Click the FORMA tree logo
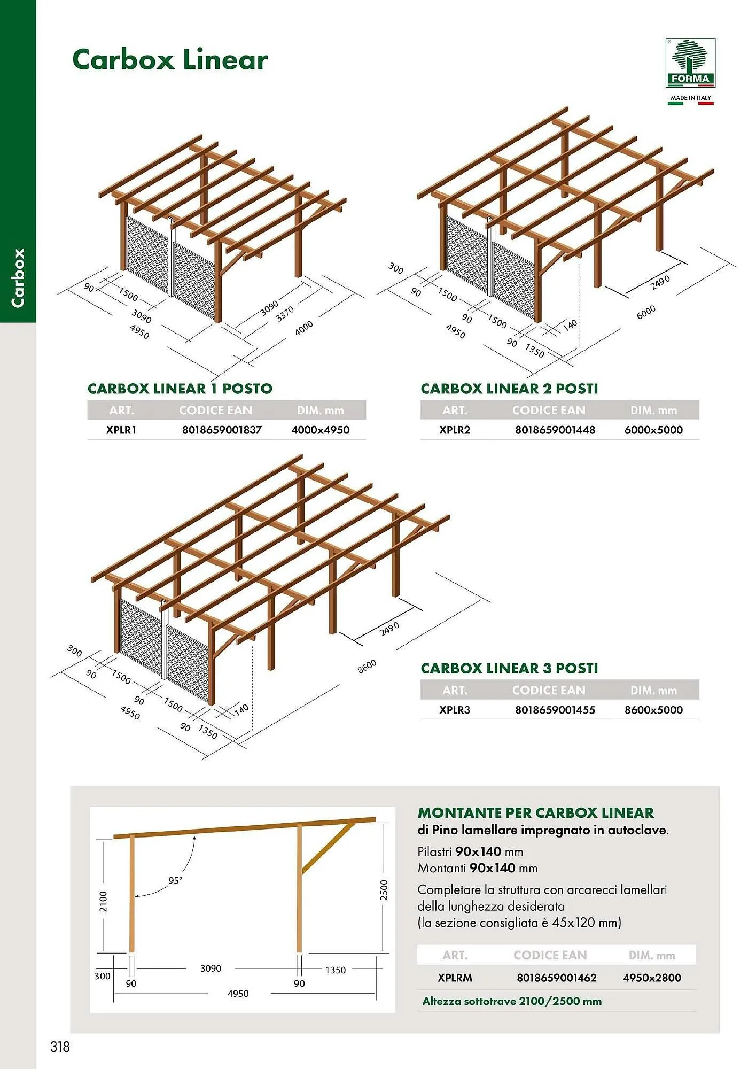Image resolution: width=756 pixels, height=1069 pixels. pyautogui.click(x=690, y=63)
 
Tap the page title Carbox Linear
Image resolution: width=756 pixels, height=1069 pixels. pyautogui.click(x=170, y=59)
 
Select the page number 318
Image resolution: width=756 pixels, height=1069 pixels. pyautogui.click(x=60, y=1046)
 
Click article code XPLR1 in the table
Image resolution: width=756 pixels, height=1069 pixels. pyautogui.click(x=121, y=430)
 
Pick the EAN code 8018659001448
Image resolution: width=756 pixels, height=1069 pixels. pyautogui.click(x=555, y=430)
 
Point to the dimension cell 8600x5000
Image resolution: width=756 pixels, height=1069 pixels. pyautogui.click(x=653, y=710)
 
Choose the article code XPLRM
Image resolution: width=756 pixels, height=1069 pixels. pyautogui.click(x=455, y=978)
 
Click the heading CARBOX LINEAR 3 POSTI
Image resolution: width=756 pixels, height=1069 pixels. pyautogui.click(x=509, y=668)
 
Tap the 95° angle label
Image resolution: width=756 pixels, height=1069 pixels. pyautogui.click(x=175, y=880)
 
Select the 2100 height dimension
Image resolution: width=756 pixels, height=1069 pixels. pyautogui.click(x=103, y=901)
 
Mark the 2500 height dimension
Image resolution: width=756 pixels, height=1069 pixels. pyautogui.click(x=384, y=889)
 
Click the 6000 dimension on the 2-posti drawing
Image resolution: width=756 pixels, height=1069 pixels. pyautogui.click(x=646, y=313)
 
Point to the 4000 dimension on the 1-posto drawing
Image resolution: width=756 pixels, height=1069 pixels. pyautogui.click(x=304, y=328)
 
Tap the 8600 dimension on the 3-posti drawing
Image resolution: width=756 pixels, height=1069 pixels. pyautogui.click(x=367, y=666)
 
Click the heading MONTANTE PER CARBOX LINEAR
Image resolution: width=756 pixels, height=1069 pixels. pyautogui.click(x=535, y=812)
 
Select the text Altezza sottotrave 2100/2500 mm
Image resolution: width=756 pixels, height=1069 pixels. pyautogui.click(x=512, y=1001)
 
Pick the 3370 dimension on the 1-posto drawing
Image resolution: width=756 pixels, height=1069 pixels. pyautogui.click(x=285, y=314)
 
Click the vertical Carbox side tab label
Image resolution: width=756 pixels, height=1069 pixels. pyautogui.click(x=18, y=277)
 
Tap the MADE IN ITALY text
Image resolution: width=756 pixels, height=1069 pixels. pyautogui.click(x=690, y=98)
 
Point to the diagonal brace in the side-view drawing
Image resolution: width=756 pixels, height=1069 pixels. pyautogui.click(x=328, y=848)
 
